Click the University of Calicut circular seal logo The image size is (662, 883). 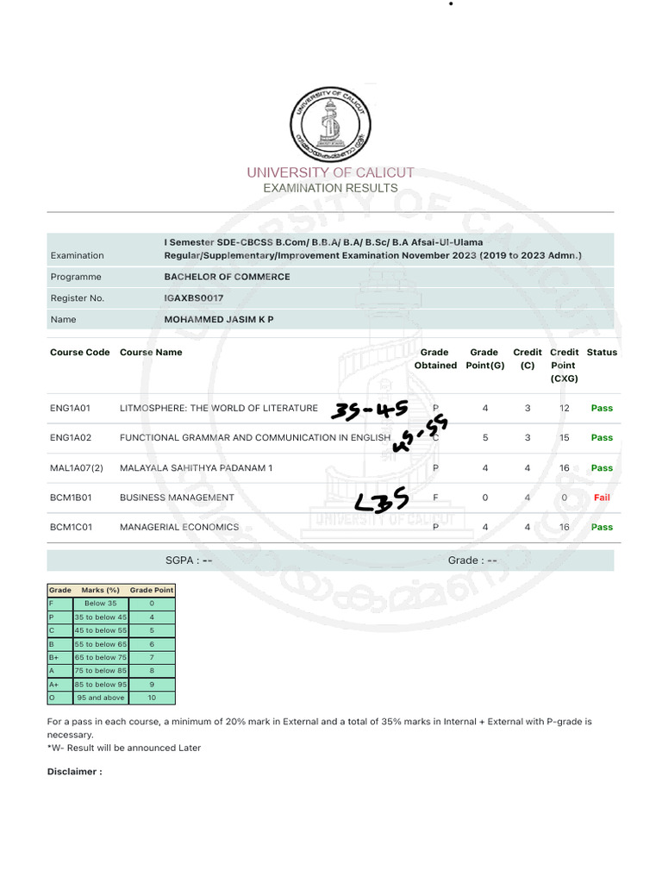pos(331,124)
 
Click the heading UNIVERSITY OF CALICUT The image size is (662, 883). pos(331,172)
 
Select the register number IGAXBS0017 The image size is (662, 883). pos(194,298)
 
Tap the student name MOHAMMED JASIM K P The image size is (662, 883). pos(219,319)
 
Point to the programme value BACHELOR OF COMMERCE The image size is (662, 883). pos(227,277)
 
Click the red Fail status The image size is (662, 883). pos(602,498)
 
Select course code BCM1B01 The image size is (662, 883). pos(72,498)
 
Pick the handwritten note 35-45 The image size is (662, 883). pos(368,409)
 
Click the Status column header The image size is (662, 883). pos(602,352)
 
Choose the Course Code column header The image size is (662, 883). pos(80,352)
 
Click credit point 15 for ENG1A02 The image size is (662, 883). pos(564,438)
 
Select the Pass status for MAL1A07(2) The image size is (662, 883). pos(602,468)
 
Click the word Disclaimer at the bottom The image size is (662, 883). pos(74,772)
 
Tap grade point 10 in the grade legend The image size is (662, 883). pos(152,697)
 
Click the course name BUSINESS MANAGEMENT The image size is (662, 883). pos(177,498)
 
